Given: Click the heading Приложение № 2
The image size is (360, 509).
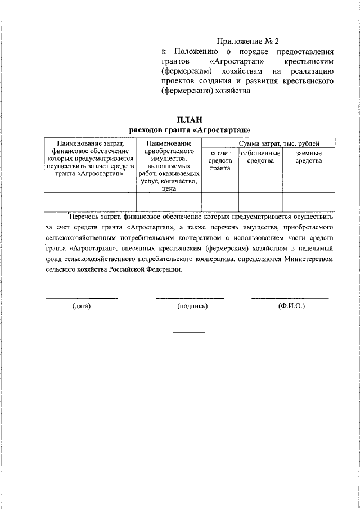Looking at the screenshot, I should pyautogui.click(x=248, y=42).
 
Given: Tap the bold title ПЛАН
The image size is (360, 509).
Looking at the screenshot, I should pyautogui.click(x=189, y=120).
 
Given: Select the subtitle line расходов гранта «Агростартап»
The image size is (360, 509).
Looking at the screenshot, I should pyautogui.click(x=189, y=130).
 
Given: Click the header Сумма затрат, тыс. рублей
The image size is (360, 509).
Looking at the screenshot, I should pyautogui.click(x=279, y=144).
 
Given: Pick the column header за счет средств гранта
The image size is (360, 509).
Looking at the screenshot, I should pyautogui.click(x=220, y=161).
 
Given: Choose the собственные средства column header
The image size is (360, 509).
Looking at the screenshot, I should pyautogui.click(x=260, y=157).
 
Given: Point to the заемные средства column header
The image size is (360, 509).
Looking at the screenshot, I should pyautogui.click(x=308, y=157).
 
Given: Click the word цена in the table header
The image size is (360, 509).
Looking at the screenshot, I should pyautogui.click(x=169, y=189).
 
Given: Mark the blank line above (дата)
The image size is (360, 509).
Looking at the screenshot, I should pyautogui.click(x=82, y=298).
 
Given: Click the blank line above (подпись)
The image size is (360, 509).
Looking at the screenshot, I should pyautogui.click(x=190, y=298).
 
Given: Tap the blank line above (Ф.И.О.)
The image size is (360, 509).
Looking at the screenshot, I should pyautogui.click(x=290, y=298).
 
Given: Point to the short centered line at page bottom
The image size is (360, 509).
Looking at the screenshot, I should pyautogui.click(x=189, y=332).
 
